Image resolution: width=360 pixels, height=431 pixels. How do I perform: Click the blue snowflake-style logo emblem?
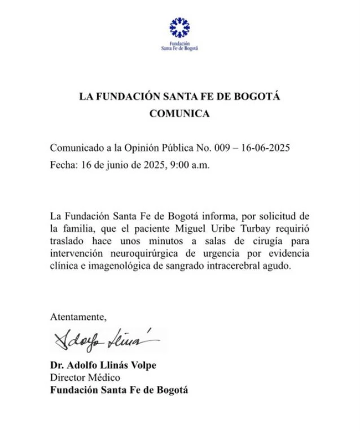pyautogui.click(x=179, y=28)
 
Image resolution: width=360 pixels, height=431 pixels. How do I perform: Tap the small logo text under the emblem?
pyautogui.click(x=179, y=46)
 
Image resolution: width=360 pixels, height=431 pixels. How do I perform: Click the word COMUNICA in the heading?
pyautogui.click(x=179, y=113)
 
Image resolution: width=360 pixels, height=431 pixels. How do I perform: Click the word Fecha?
pyautogui.click(x=64, y=166)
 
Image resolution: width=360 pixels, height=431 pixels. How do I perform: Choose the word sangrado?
pyautogui.click(x=176, y=267)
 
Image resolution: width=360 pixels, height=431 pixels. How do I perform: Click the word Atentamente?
pyautogui.click(x=77, y=315)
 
